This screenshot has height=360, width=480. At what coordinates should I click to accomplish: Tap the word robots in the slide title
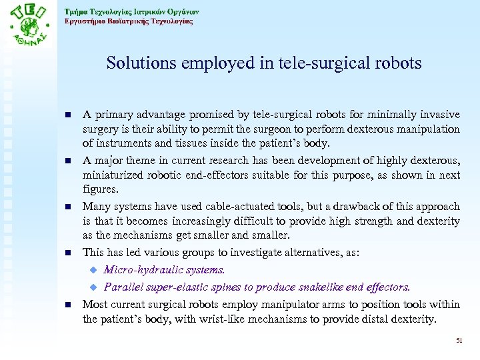398,63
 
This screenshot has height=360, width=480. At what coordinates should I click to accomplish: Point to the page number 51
459,341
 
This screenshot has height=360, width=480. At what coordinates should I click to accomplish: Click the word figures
100,189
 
